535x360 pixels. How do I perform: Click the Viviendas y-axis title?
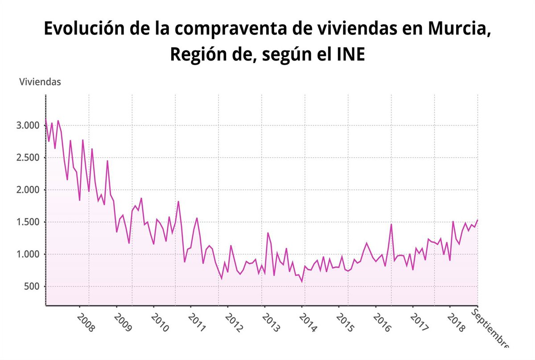40,82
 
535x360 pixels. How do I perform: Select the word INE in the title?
350,55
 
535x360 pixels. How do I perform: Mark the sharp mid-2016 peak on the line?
391,224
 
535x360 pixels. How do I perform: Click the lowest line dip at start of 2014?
302,282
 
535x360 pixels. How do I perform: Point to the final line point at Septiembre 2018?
477,220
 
